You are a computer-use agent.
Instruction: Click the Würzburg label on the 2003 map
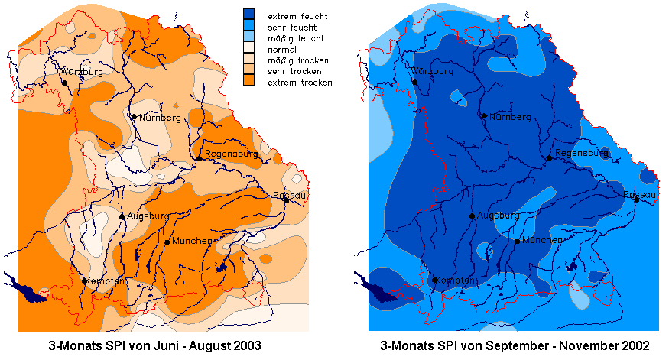(82, 72)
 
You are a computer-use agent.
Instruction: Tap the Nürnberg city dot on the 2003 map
(134, 117)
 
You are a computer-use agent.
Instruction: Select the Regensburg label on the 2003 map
(231, 154)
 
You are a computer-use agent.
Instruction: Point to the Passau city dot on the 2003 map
(287, 200)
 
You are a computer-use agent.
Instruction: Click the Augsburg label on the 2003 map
(148, 216)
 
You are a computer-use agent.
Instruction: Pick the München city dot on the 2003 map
(167, 242)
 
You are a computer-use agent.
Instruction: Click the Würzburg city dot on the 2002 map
(414, 82)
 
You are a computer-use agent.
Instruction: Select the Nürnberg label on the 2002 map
(510, 117)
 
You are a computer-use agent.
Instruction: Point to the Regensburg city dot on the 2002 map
(550, 157)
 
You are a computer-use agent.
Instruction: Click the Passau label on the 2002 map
(639, 194)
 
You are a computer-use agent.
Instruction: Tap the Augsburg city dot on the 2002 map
(472, 216)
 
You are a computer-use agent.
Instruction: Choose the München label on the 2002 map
(542, 240)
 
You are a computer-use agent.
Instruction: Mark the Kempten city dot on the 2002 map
(434, 281)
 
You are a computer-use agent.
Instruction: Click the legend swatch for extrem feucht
(248, 14)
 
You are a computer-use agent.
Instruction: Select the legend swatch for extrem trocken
(248, 79)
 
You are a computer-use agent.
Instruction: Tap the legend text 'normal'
(282, 50)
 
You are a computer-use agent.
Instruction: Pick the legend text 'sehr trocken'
(294, 71)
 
